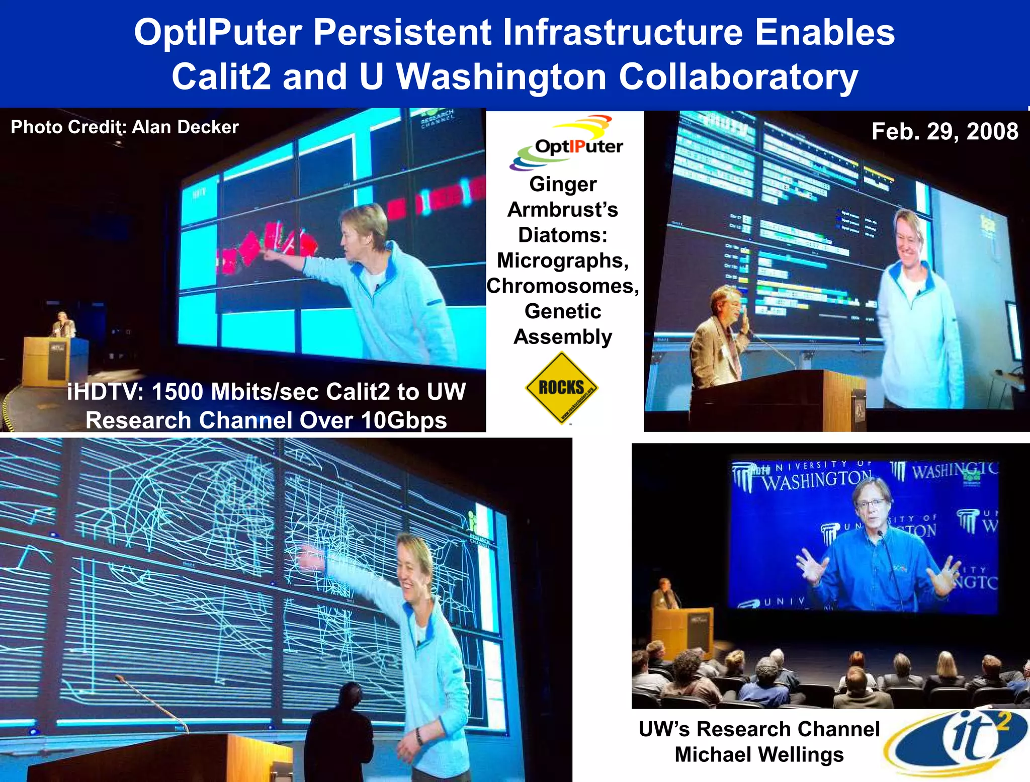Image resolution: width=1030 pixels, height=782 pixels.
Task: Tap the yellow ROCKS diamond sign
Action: (x=562, y=388)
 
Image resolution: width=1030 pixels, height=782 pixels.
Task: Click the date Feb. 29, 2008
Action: (x=945, y=132)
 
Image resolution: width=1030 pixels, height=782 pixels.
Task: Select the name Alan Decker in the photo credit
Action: (x=185, y=127)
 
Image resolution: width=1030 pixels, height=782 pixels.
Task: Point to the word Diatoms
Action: (x=562, y=235)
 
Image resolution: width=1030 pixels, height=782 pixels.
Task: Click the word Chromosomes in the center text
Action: (x=562, y=286)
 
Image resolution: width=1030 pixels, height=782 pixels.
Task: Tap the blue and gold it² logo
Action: (x=956, y=742)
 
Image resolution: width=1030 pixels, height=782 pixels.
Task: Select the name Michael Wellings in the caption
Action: (x=759, y=754)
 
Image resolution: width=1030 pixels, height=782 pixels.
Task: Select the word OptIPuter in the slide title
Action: (x=218, y=32)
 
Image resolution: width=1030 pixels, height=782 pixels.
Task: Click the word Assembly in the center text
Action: (x=562, y=337)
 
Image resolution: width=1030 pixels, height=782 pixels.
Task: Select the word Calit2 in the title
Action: (x=221, y=76)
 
